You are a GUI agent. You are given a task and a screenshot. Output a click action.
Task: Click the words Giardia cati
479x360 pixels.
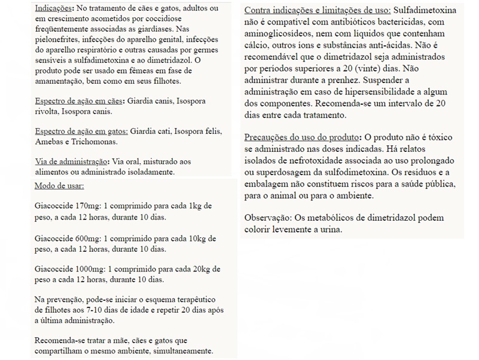click(150, 132)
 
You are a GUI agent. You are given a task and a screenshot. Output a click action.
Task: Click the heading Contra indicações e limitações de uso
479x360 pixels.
click(318, 11)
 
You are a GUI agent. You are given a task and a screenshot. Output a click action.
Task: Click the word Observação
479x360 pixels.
click(267, 218)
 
